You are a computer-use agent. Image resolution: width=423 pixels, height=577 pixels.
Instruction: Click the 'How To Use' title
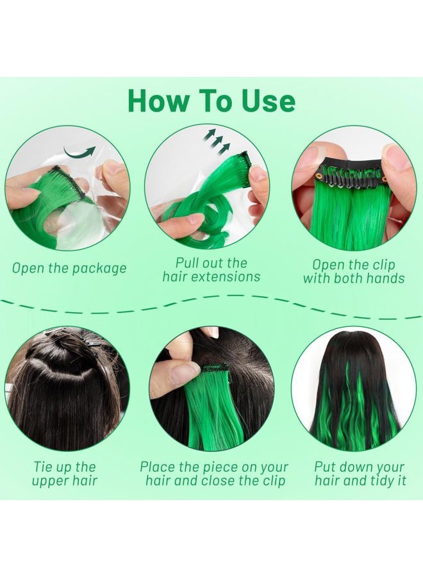click(211, 101)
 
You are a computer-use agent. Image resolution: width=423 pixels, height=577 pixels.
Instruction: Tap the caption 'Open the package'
click(69, 268)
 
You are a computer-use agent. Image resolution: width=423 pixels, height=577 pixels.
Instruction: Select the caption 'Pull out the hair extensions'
click(211, 270)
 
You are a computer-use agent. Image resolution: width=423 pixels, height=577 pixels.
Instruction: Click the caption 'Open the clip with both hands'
click(354, 271)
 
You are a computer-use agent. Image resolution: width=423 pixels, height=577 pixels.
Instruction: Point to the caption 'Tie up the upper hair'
click(65, 474)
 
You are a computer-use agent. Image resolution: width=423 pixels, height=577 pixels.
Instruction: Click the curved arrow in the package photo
click(80, 153)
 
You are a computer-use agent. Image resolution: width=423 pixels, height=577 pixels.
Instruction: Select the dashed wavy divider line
click(211, 303)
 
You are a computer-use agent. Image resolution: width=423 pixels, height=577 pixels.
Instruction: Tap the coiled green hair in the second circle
click(192, 221)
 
